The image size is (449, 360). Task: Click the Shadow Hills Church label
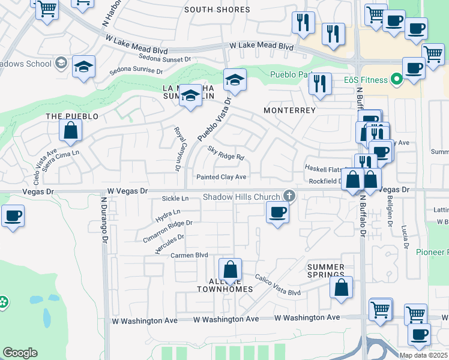coord(241,197)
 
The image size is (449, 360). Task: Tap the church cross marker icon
coord(289,196)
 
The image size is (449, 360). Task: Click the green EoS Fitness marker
coord(396,79)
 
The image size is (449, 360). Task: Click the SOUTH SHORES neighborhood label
coord(217,10)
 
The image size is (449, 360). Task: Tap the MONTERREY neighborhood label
coord(290,110)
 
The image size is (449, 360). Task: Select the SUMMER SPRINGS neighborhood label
coord(326,271)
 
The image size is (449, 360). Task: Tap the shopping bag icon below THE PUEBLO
coord(71,131)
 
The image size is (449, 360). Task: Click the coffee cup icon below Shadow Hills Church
coord(277,212)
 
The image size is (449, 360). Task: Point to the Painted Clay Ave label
coord(222,177)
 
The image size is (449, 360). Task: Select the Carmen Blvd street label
coord(189,255)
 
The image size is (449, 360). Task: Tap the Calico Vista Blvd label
coord(277,284)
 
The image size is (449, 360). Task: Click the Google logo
coord(20,353)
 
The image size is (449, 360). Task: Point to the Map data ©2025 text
coord(423,355)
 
